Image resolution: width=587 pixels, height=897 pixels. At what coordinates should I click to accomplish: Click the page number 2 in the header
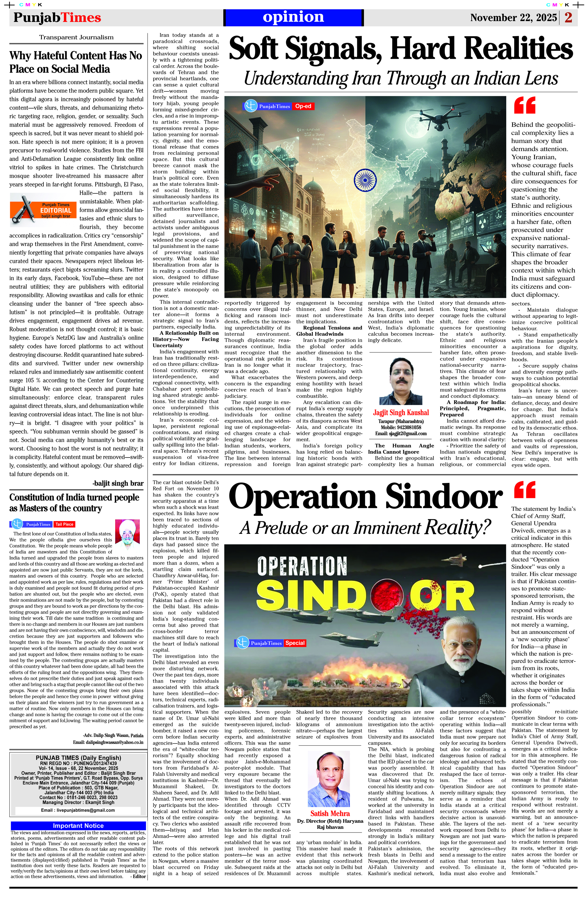(x=569, y=18)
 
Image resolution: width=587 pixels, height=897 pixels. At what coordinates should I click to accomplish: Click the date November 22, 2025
(x=513, y=18)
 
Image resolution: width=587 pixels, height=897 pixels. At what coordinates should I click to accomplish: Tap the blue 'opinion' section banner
(x=293, y=17)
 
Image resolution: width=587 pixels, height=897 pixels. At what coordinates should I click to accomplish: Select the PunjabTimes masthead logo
(x=57, y=18)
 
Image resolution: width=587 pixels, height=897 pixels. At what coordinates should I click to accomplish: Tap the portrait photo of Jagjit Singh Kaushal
(x=401, y=381)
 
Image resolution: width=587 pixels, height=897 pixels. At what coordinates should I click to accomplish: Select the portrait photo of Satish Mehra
(x=329, y=779)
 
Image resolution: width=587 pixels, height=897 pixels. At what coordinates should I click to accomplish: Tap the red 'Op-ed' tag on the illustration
(x=303, y=106)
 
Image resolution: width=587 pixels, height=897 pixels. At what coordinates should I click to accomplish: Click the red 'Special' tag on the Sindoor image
(x=295, y=643)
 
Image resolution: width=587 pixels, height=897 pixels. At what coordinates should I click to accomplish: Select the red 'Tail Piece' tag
(x=64, y=524)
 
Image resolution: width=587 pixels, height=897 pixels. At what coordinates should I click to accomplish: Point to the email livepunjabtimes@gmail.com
(x=78, y=810)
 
